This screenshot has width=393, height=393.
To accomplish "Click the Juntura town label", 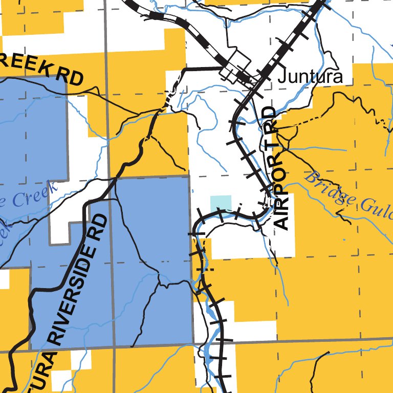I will click(x=310, y=77).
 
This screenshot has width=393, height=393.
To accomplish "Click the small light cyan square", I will click(x=221, y=203).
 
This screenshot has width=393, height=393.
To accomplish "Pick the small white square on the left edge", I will click(x=4, y=279).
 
